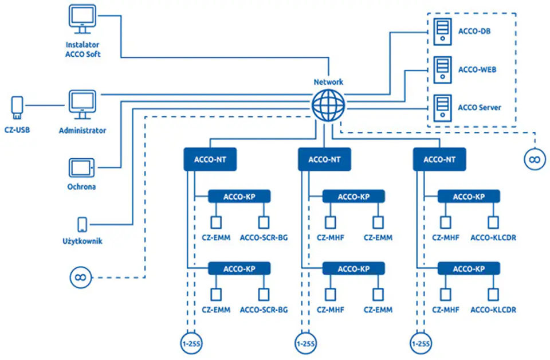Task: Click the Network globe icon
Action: point(328,105)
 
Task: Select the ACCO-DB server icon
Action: point(442,32)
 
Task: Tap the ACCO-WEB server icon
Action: point(442,70)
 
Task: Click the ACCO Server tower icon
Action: point(442,108)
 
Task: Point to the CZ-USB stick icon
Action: point(17,108)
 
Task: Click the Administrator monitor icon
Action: point(82,105)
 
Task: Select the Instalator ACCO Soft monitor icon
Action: point(82,19)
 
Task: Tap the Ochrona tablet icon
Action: point(81,168)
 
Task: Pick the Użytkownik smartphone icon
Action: point(82,225)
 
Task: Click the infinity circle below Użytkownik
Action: point(80,277)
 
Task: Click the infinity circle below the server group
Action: point(535,159)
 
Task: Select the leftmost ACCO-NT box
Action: point(210,159)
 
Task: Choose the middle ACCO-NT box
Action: point(324,159)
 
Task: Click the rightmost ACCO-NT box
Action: point(439,159)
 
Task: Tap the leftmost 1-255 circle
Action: point(191,343)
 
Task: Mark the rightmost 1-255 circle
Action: point(421,343)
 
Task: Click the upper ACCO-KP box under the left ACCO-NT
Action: point(239,197)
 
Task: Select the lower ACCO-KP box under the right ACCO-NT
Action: point(469,269)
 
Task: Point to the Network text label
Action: point(328,82)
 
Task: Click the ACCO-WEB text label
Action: point(477,70)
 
